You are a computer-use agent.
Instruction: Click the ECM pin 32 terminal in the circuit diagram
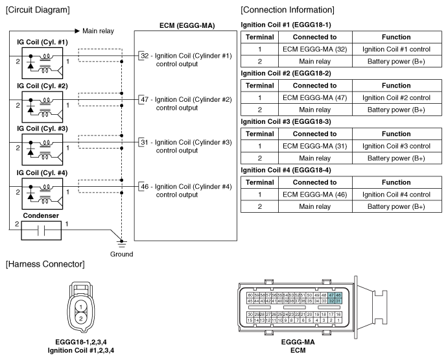tap(145, 56)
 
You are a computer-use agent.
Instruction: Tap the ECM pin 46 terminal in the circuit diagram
tap(145, 186)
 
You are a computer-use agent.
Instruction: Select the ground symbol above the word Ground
tap(122, 243)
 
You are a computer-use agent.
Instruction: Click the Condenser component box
tap(41, 230)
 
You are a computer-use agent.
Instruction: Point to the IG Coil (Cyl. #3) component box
tap(42, 150)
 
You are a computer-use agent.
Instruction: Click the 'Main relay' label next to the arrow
tap(98, 31)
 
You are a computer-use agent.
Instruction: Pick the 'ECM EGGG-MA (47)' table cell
tap(315, 98)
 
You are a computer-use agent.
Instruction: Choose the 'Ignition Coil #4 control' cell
tap(397, 195)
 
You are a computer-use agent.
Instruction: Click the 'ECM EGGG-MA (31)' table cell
tap(315, 146)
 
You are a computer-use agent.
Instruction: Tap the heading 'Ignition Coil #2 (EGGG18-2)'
tap(286, 73)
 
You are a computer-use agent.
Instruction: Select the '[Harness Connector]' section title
tap(45, 264)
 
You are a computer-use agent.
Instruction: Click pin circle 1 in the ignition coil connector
tap(81, 307)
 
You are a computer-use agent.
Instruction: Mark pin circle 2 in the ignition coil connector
tap(81, 318)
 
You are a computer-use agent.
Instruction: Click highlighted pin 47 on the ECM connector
tap(331, 295)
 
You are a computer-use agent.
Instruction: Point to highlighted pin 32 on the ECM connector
tap(331, 301)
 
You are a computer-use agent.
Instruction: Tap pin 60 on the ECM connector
tap(250, 295)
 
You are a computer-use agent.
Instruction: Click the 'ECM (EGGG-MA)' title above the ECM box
tap(187, 25)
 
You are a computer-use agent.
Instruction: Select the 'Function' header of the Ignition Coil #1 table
tap(396, 37)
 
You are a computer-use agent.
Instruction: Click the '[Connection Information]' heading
tap(287, 10)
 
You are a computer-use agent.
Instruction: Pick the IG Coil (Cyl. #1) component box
tap(42, 63)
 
